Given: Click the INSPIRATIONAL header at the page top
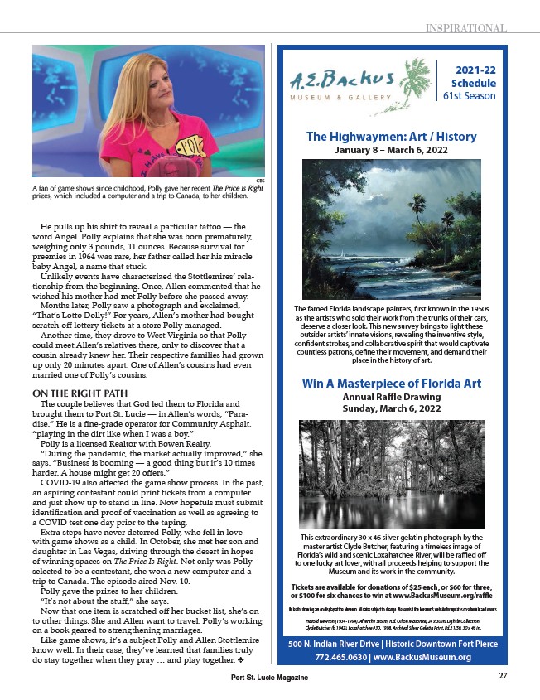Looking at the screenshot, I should click(466, 28).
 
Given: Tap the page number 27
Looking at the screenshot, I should click(502, 675).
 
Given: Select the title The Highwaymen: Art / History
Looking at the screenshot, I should click(392, 137).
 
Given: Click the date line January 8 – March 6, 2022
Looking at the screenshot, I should click(392, 151).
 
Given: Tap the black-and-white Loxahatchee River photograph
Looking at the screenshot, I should click(392, 474).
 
